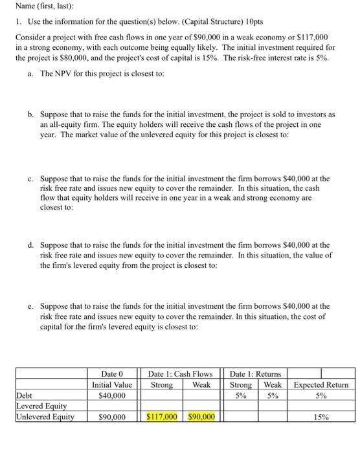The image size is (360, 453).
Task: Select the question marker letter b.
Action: pos(31,114)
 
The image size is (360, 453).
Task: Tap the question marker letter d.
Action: pos(31,245)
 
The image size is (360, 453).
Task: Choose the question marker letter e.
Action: pos(31,306)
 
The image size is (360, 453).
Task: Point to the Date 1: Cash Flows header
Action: pos(180,373)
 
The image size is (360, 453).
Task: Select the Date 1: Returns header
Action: pos(256,373)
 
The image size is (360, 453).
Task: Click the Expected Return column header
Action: pos(321,384)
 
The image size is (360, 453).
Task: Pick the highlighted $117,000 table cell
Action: pos(162,417)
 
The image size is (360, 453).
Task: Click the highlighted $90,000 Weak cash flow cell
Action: pos(201,417)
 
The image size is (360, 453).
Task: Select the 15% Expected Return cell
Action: pos(321,417)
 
